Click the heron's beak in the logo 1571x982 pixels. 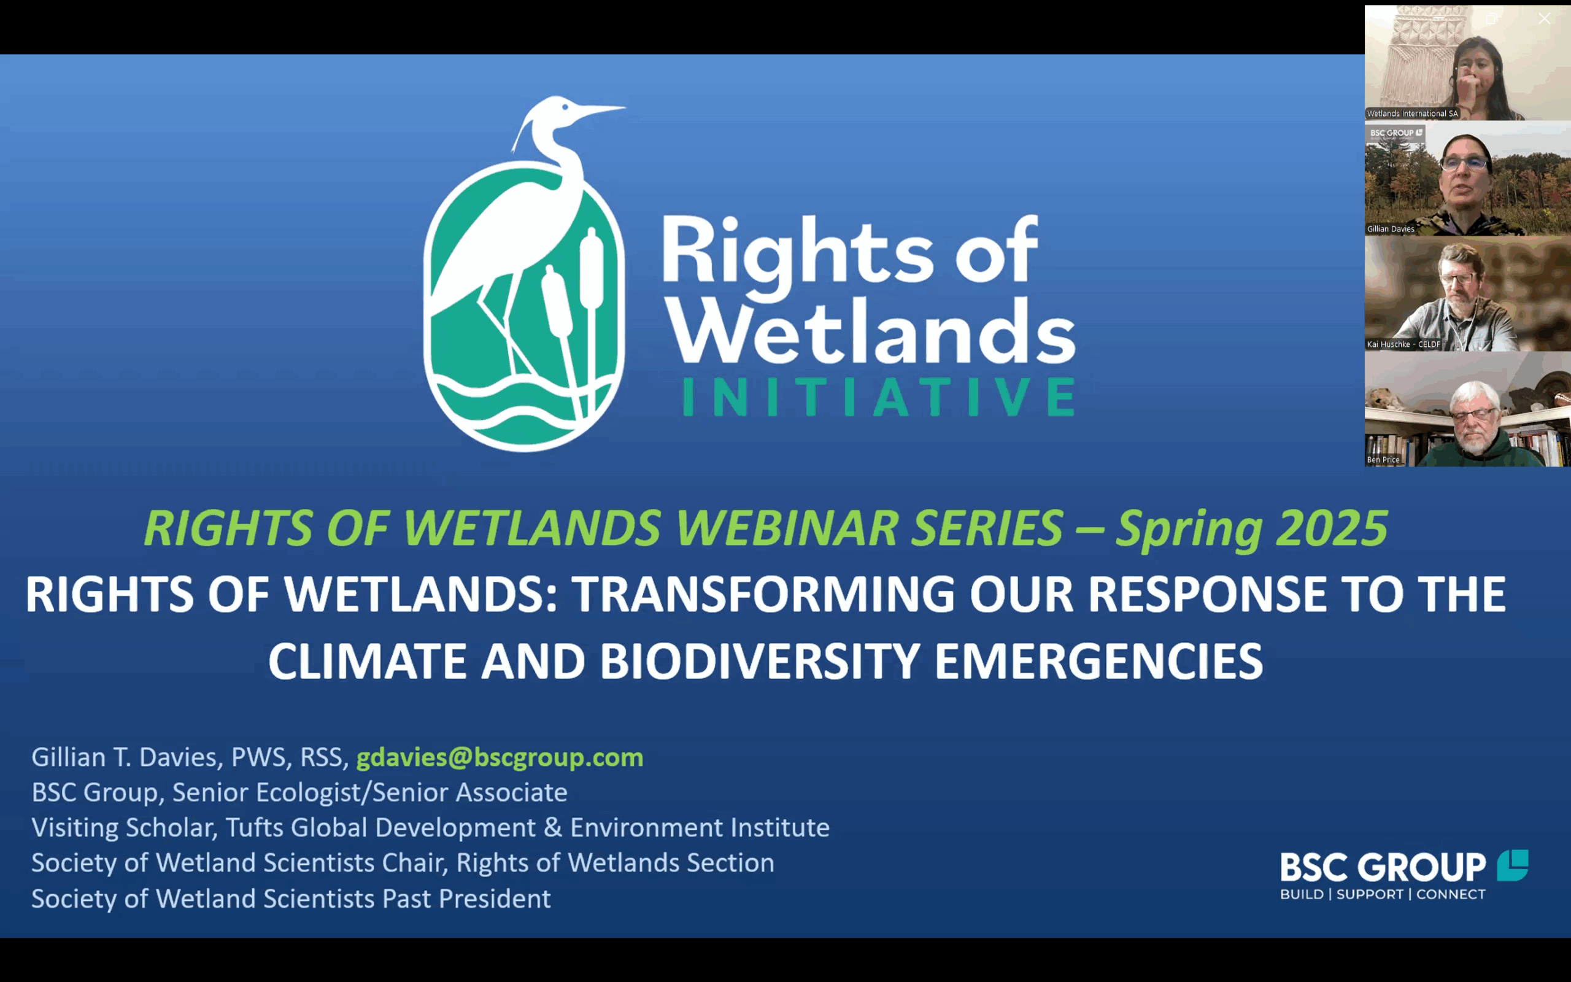click(x=601, y=111)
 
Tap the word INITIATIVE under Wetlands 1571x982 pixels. click(x=878, y=396)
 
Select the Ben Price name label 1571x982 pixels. click(x=1383, y=460)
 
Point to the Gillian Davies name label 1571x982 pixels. click(x=1391, y=228)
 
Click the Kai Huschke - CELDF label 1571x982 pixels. click(x=1403, y=344)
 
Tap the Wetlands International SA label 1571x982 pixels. click(x=1413, y=114)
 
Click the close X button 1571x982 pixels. click(x=1545, y=19)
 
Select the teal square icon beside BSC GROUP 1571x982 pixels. click(x=1513, y=865)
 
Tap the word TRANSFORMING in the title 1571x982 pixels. click(x=763, y=593)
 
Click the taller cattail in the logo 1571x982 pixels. click(x=592, y=312)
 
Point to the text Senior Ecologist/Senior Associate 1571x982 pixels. click(x=370, y=792)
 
